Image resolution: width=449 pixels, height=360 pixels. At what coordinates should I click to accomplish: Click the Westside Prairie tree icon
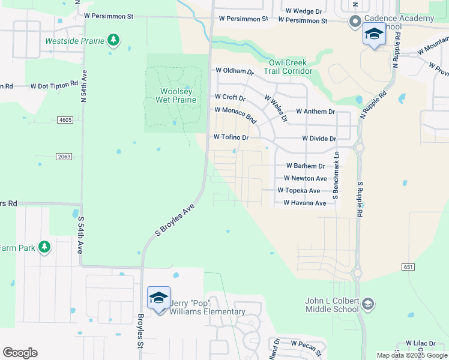point(113,41)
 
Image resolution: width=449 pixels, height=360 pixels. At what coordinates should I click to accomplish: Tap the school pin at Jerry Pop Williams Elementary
point(159,298)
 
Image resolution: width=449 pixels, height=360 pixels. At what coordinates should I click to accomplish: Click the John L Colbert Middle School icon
point(369,305)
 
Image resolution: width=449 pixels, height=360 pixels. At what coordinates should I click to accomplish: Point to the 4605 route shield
point(66,120)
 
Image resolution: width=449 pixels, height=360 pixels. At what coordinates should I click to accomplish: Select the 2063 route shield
point(65,157)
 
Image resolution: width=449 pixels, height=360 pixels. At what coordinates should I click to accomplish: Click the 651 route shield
point(408,265)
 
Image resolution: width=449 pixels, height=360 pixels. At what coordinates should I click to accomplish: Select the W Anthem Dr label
point(315,112)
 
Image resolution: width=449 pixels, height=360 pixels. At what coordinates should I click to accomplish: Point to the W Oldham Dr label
point(235,71)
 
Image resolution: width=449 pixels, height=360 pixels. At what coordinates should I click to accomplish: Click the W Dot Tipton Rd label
point(54,86)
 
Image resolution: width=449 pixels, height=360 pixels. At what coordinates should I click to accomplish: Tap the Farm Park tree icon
point(44,247)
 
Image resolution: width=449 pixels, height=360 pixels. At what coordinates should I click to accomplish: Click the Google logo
point(20,353)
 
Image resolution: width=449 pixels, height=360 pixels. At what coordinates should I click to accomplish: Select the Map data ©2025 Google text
point(411,355)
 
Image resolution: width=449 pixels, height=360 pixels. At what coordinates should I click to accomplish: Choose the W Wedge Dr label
point(304,11)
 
